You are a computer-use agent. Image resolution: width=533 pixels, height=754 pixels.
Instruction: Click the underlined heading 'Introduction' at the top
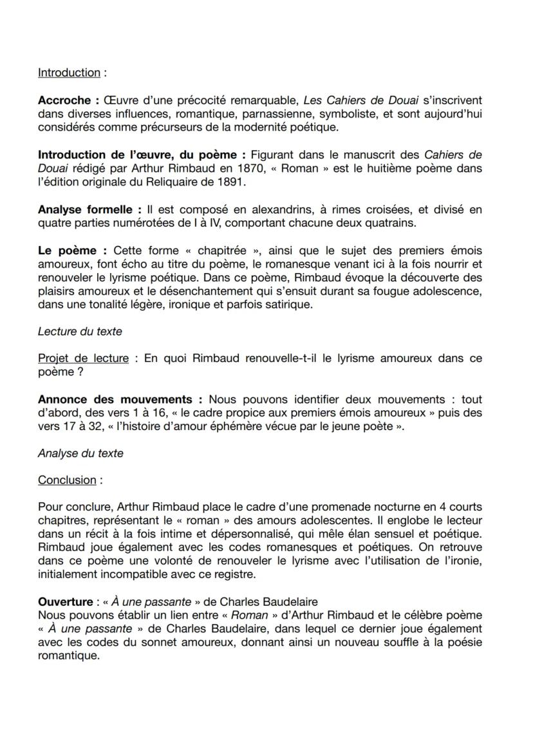click(68, 73)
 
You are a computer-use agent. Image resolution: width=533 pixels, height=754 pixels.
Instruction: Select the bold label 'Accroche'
click(64, 101)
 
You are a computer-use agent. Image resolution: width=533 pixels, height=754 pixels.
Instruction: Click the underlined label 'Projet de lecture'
click(83, 358)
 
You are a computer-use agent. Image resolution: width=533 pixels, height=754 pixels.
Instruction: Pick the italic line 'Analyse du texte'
click(80, 453)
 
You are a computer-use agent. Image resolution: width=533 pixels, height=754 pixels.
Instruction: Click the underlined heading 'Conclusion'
click(66, 481)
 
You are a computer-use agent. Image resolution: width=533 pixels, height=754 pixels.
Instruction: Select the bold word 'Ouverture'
click(65, 602)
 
